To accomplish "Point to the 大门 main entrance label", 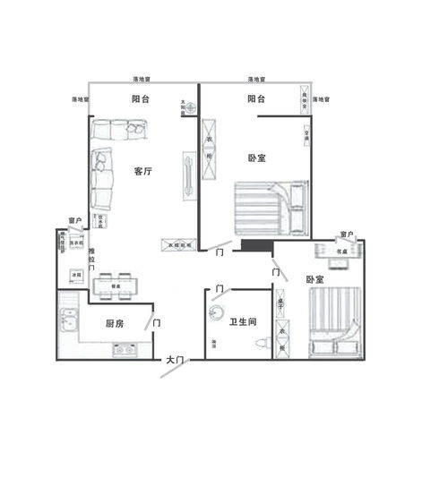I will click(x=175, y=359).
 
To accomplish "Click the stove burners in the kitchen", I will click(x=125, y=349).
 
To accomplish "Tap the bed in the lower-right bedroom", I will click(x=335, y=321).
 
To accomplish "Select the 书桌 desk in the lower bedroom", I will click(x=340, y=251).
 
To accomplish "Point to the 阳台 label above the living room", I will click(x=140, y=100).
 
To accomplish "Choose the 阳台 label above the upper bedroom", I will click(x=256, y=99).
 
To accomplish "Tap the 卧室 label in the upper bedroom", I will click(x=256, y=158).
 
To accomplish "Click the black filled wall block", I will click(x=255, y=244).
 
